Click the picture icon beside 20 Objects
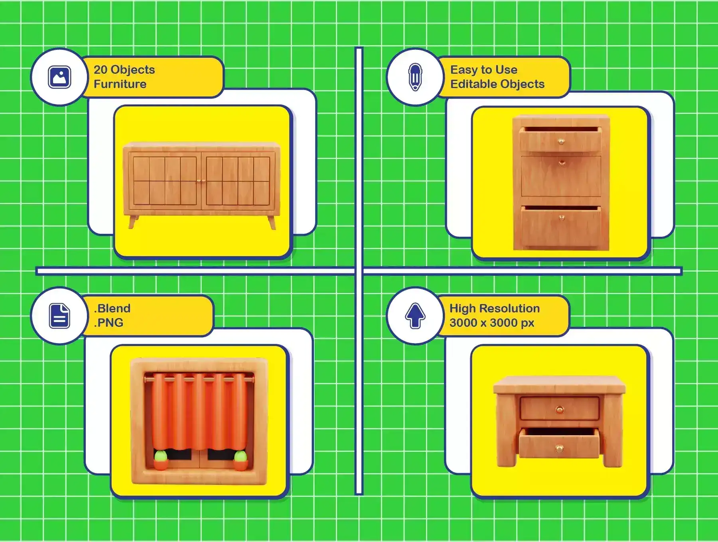tap(59, 77)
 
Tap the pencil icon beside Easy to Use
tap(415, 77)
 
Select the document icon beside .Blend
tap(59, 316)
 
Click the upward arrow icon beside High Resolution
tap(415, 316)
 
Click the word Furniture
tap(120, 84)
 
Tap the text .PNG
tap(108, 322)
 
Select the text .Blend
tap(112, 308)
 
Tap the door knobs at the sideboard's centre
tap(201, 181)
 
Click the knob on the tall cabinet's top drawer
tap(561, 141)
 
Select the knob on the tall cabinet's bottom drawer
tap(562, 218)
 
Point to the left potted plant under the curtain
tap(160, 460)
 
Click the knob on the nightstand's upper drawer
tap(559, 409)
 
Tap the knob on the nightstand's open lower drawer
tap(560, 449)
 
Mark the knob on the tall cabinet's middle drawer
tap(562, 163)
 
